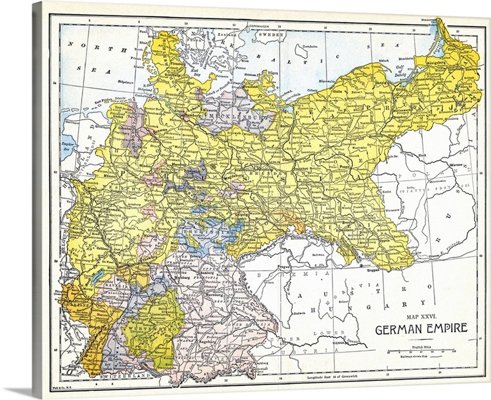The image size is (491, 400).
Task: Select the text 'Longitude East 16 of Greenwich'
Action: click(336, 375)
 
